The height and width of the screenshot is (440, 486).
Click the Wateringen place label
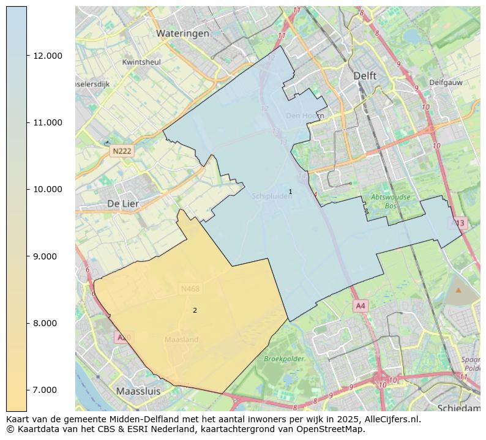coord(182,34)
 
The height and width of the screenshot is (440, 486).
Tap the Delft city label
coord(365,75)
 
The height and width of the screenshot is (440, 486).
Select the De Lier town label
coord(122,203)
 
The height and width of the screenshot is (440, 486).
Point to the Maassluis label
coord(138,390)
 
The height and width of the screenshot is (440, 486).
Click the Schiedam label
coord(458,408)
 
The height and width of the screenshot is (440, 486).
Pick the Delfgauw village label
coord(446,82)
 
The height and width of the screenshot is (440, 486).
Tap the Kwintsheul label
coord(141,62)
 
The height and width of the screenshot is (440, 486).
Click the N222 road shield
coord(122,151)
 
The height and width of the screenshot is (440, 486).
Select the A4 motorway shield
coord(361,305)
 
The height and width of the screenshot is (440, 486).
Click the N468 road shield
coord(190,289)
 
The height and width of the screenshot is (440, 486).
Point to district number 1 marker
coord(290,192)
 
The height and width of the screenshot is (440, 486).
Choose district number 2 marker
coord(195,310)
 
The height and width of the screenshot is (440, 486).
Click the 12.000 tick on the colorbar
coord(47,56)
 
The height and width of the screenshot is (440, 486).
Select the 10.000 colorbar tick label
coord(47,189)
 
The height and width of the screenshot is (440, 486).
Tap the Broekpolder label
coord(284,359)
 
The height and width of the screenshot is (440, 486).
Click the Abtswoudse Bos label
coord(391,201)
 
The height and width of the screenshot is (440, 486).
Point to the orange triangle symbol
coord(458,289)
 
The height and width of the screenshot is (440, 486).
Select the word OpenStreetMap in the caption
coord(330,429)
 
